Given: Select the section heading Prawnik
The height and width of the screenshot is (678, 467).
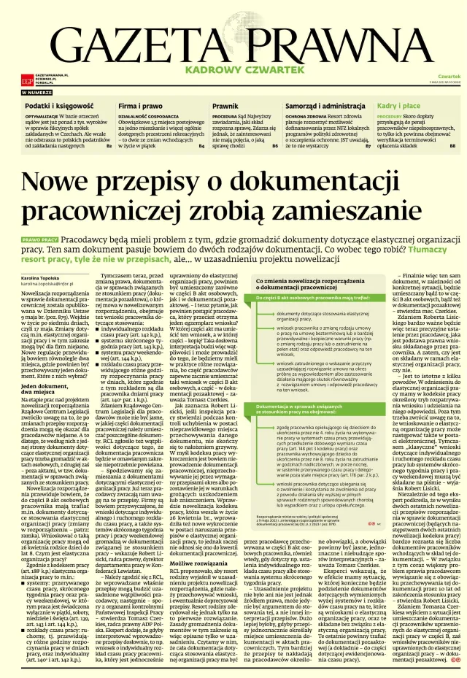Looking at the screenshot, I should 225,106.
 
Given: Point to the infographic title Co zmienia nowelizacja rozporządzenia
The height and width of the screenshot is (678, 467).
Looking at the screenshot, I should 308,285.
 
